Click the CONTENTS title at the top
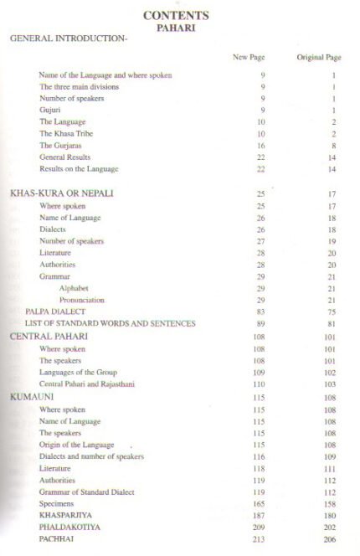point(175,15)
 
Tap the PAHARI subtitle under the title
point(175,27)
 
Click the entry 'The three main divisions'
point(79,87)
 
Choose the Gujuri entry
point(50,110)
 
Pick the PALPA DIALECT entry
point(55,311)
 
